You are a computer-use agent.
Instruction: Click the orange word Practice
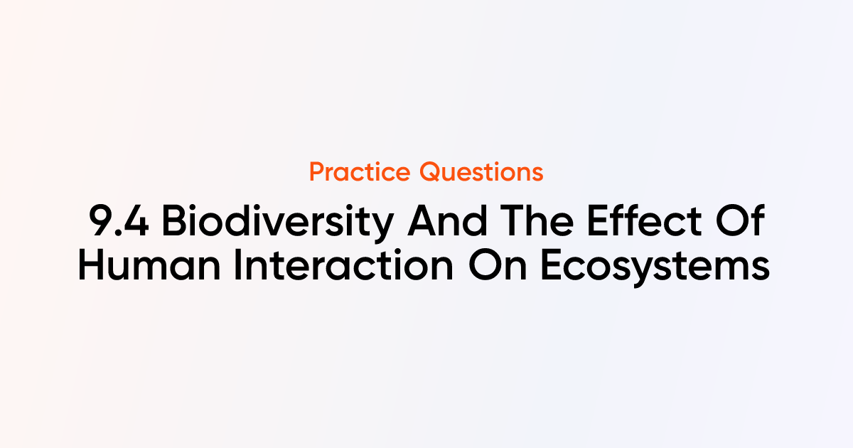360,172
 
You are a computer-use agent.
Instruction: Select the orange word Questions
481,172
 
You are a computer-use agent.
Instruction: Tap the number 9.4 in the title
119,221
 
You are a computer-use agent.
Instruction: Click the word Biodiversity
278,223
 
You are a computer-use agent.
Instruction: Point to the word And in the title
447,220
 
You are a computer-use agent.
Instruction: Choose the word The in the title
537,220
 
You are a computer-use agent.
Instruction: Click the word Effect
644,220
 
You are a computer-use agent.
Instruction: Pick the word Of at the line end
740,220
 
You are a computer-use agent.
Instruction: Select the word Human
149,265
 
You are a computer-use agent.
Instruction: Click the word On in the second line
498,265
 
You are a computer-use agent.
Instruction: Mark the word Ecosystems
655,267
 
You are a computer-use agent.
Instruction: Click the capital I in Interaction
237,265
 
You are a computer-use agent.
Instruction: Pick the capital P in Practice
318,172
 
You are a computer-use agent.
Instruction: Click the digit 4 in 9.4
136,221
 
